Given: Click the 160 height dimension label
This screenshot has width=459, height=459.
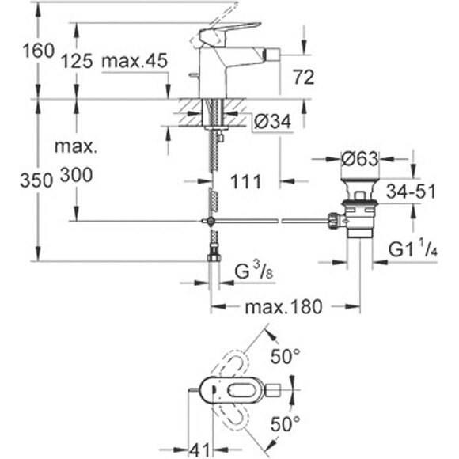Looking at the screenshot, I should point(17,51).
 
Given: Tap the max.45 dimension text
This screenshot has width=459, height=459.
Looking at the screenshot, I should point(133,60).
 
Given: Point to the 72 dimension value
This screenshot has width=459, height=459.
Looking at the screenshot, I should point(304,77).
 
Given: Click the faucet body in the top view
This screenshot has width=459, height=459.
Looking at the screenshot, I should point(237,389).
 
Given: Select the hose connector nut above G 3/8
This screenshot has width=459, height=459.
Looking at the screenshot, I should point(213,256).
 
